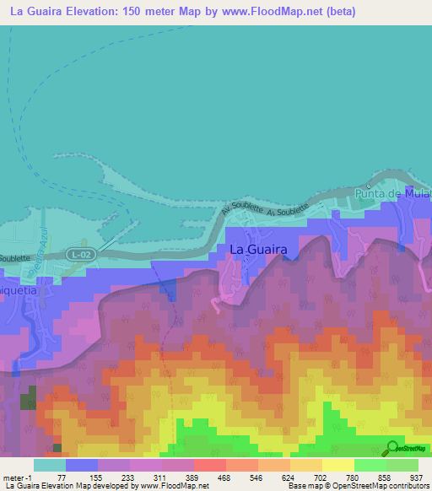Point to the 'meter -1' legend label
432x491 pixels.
coord(18,477)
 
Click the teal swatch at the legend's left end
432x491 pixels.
coord(50,465)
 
